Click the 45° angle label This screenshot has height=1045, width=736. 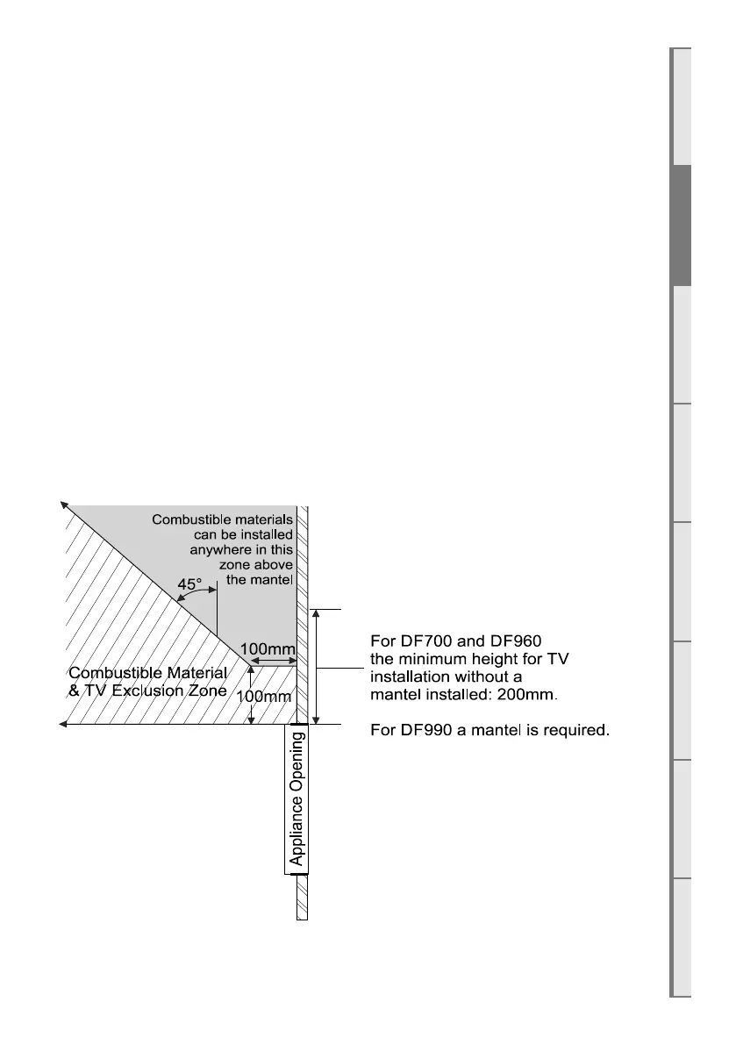coord(190,583)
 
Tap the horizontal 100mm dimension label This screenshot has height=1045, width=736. coord(268,650)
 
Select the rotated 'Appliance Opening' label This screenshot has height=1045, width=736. coord(297,798)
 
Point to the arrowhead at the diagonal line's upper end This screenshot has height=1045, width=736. coord(63,505)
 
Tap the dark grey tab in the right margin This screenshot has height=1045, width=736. coord(681,225)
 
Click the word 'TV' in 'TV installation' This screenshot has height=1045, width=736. coord(568,658)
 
